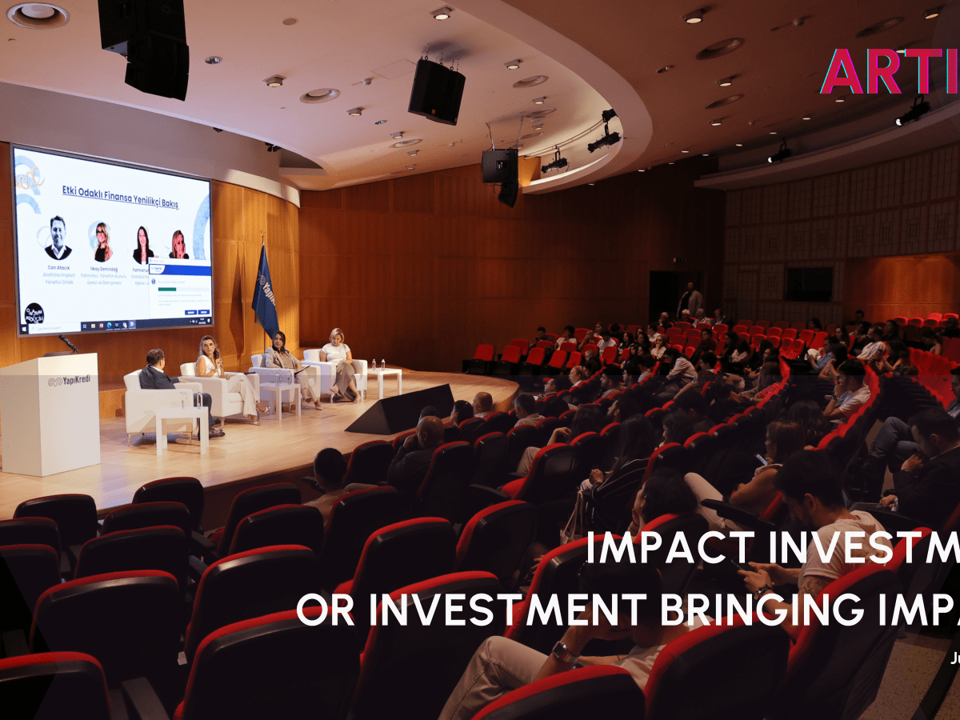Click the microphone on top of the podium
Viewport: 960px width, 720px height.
(x=69, y=344)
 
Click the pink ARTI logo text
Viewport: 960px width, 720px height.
(x=888, y=72)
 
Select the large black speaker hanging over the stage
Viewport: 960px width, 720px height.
(x=436, y=90)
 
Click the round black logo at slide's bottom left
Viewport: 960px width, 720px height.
(x=34, y=313)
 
